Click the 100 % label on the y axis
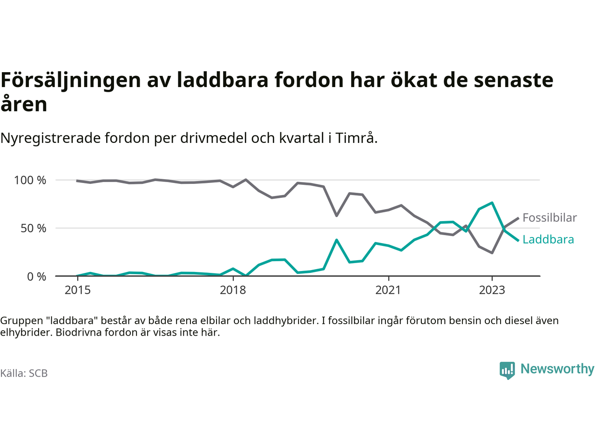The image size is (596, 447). (x=30, y=180)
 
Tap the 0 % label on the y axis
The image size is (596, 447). (x=36, y=277)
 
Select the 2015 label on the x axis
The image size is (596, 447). (x=77, y=290)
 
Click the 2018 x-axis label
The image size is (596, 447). (x=233, y=290)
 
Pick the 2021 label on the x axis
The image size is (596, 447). (x=388, y=290)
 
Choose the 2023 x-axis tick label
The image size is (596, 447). (x=492, y=290)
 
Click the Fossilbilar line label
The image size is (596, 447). (x=549, y=217)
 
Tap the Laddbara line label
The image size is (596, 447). (x=548, y=239)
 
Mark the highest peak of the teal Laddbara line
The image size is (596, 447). (x=492, y=203)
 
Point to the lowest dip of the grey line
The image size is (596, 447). (x=492, y=253)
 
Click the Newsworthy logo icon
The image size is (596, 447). (x=507, y=370)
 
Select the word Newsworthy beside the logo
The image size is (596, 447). (x=557, y=369)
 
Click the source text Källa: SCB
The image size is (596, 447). (x=24, y=373)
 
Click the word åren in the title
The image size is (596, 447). (x=24, y=104)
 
